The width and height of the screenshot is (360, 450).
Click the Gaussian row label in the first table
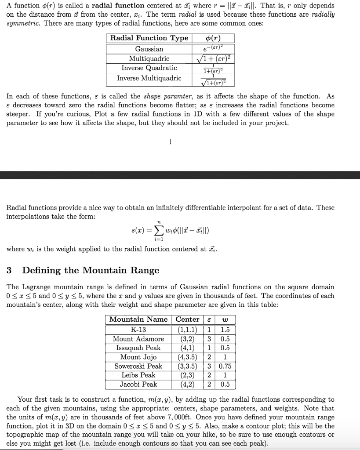pos(149,49)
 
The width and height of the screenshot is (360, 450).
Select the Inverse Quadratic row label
pos(149,68)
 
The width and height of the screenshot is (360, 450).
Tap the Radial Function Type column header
pos(149,38)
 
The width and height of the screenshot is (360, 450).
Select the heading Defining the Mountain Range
pos(91,270)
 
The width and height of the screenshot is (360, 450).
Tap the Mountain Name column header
pos(138,319)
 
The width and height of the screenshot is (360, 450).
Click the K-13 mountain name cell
pos(138,330)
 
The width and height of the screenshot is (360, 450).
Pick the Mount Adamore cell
pos(138,339)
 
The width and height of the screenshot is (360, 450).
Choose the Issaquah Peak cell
pos(138,348)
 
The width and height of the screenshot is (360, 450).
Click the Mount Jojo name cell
pos(138,357)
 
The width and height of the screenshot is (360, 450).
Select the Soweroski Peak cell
pos(138,366)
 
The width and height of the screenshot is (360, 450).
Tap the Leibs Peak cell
pos(138,375)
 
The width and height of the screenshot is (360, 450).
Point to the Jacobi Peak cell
pos(138,385)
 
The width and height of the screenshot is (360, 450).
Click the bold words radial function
pos(118,6)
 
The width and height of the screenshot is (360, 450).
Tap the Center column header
pos(187,319)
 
